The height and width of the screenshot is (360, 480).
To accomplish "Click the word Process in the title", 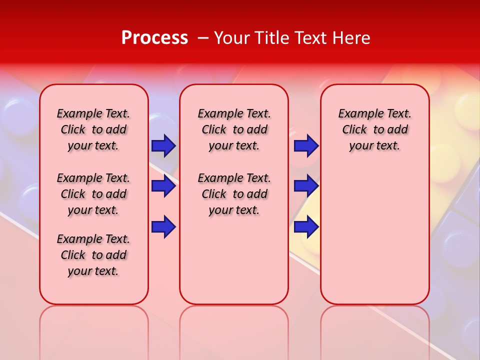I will [x=154, y=38].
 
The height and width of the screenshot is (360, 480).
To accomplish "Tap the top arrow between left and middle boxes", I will [x=163, y=146].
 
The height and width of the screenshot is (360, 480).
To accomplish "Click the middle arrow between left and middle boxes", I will [x=163, y=186].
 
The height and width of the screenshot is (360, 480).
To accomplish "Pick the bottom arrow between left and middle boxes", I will [x=163, y=227].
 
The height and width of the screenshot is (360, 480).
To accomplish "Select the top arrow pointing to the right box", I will [x=306, y=146].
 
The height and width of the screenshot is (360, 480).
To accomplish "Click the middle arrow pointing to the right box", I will [x=306, y=186].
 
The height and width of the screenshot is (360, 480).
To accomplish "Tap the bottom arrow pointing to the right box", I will [x=306, y=227].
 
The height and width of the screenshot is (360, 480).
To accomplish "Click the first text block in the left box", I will [x=93, y=130].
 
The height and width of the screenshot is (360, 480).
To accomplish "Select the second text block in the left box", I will [x=93, y=194].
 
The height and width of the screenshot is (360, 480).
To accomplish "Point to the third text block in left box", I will [x=93, y=255].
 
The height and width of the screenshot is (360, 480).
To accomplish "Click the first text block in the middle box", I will [x=234, y=130].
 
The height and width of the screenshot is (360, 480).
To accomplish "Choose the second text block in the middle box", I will [x=234, y=194].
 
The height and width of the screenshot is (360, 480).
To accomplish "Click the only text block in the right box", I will [x=374, y=130].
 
